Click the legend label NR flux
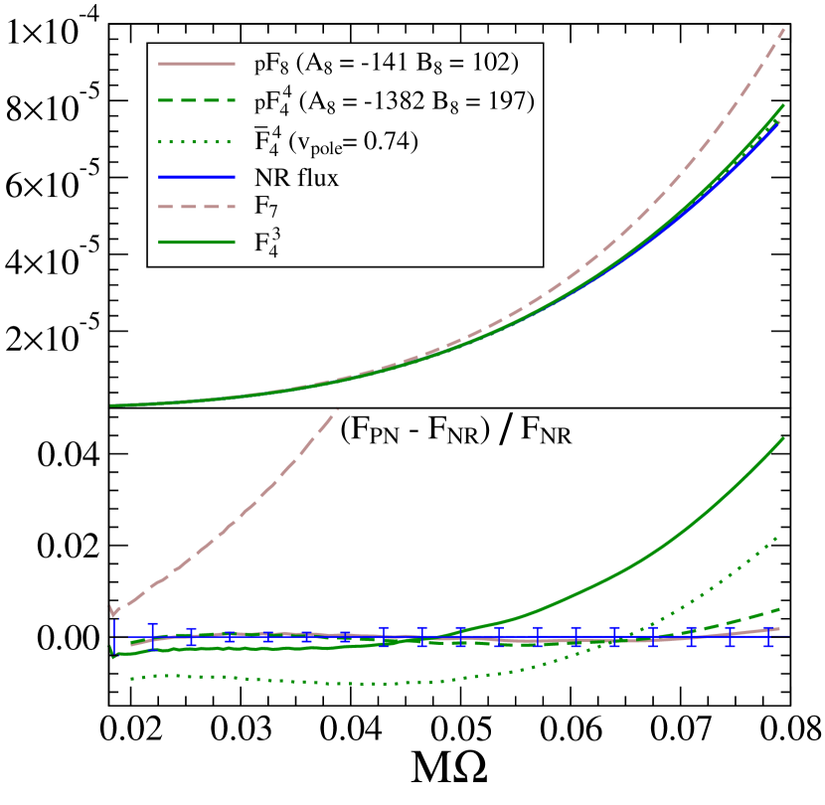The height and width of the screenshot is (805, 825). point(296,179)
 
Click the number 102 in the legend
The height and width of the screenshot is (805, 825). point(490,64)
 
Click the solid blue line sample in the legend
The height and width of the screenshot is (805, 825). point(196,178)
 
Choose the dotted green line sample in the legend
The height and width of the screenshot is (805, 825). point(196,141)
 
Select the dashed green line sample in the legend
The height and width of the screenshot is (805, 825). point(196,100)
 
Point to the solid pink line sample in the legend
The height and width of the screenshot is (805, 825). point(196,64)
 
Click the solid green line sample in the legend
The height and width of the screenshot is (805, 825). point(196,241)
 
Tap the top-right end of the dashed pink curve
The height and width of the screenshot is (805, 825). point(784,29)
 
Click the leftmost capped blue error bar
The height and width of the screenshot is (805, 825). point(152,635)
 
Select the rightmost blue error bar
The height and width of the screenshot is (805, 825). point(768,636)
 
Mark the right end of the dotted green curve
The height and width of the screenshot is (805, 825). point(776,537)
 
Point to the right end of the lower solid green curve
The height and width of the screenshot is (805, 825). point(784,438)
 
